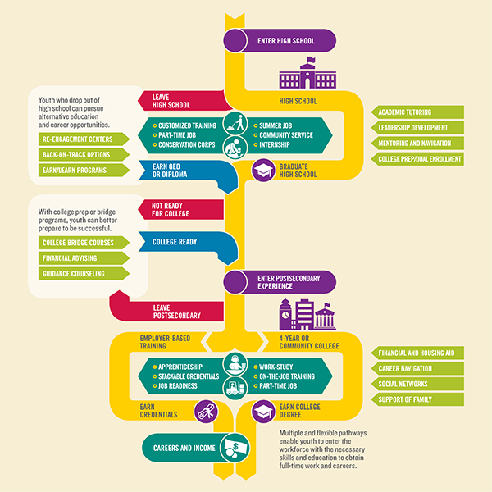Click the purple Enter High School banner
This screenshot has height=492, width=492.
pos(280,41)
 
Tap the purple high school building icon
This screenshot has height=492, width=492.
pos(307,73)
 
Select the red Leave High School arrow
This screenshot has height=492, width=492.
pos(185,101)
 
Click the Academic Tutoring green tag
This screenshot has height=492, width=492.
pos(417,112)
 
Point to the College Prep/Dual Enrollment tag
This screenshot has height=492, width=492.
pos(417,159)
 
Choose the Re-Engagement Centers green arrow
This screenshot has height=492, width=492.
pos(84,139)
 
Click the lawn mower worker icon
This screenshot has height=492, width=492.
pos(235,124)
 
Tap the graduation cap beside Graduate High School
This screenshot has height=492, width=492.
pos(263,171)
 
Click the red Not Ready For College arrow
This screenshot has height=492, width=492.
pos(181,210)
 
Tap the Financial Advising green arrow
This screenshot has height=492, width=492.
pos(84,258)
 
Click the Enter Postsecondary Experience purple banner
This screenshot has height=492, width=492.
pos(280,282)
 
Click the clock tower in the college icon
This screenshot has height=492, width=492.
pos(285,314)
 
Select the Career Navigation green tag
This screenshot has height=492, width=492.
pos(417,368)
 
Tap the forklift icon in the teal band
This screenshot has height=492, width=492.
pos(235,388)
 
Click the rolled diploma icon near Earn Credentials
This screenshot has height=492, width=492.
pos(206,412)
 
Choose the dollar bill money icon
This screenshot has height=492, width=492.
pos(235,448)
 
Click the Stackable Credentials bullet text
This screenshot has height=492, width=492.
pos(189,376)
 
